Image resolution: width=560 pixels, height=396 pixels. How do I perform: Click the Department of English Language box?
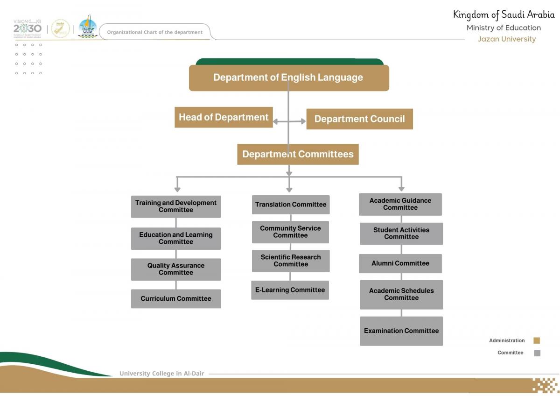pyautogui.click(x=288, y=78)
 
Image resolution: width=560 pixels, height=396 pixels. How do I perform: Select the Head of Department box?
pyautogui.click(x=224, y=117)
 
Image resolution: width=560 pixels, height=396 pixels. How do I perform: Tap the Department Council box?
pyautogui.click(x=359, y=119)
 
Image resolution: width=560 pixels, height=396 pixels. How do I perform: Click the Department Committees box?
pyautogui.click(x=298, y=154)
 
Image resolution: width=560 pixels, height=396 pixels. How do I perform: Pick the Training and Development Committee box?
pyautogui.click(x=175, y=206)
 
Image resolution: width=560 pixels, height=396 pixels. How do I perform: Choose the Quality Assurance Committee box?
pyautogui.click(x=175, y=269)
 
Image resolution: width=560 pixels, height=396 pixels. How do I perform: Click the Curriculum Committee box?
pyautogui.click(x=175, y=299)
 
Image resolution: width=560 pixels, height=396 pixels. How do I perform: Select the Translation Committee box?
pyautogui.click(x=290, y=205)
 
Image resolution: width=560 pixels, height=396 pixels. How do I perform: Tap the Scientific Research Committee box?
pyautogui.click(x=290, y=261)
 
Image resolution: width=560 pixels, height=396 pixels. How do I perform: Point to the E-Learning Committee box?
pyautogui.click(x=290, y=290)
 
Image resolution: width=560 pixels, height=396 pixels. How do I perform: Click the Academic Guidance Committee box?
pyautogui.click(x=400, y=204)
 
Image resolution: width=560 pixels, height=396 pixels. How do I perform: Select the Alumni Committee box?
pyautogui.click(x=400, y=263)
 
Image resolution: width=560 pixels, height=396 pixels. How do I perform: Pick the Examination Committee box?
pyautogui.click(x=401, y=331)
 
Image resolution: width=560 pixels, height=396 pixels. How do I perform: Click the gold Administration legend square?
pyautogui.click(x=537, y=340)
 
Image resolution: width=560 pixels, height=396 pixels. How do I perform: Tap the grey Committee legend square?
pyautogui.click(x=537, y=353)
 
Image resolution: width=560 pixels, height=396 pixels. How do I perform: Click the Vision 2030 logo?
pyautogui.click(x=28, y=28)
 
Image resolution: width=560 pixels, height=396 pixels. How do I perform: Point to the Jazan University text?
pyautogui.click(x=506, y=39)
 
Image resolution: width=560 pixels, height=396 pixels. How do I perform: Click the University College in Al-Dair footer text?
pyautogui.click(x=161, y=374)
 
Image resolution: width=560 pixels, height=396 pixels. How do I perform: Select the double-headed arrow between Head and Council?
pyautogui.click(x=289, y=121)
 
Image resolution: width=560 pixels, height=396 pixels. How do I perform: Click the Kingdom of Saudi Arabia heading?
pyautogui.click(x=504, y=14)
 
